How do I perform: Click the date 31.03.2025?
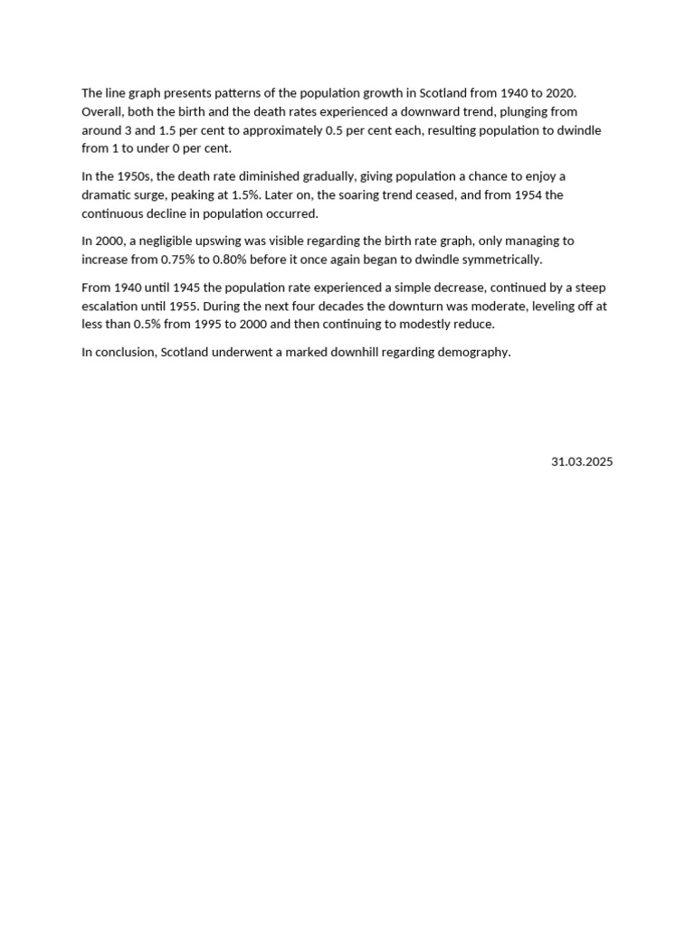coord(582,461)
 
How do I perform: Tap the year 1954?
coord(528,194)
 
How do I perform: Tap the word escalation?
coord(112,306)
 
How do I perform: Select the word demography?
coord(475,352)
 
